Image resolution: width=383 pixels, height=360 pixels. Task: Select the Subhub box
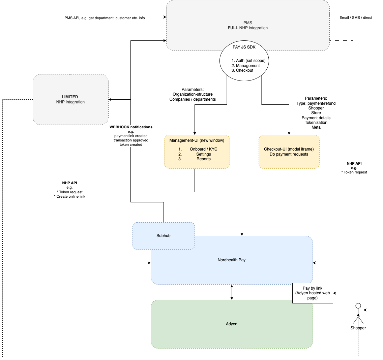pos(164,236)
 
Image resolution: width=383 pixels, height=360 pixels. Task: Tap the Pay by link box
pos(313,293)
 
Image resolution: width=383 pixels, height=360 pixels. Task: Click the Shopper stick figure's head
pos(358,306)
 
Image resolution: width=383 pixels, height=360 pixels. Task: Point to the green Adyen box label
pos(232,324)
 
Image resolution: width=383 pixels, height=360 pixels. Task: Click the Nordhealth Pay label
pos(232,260)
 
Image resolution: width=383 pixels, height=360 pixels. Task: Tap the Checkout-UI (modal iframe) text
pos(289,149)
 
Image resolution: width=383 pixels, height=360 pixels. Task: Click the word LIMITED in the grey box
pos(70,97)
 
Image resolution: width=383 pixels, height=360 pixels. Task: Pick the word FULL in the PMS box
pos(233,28)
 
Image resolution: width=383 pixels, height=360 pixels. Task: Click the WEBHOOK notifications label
pos(131,127)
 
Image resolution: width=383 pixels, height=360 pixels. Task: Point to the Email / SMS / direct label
pos(356,18)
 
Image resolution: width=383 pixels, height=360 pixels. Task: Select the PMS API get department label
pos(105,18)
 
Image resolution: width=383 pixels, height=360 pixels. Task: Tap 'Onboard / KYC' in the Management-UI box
pos(203,149)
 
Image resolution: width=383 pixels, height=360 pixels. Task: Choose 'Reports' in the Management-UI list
pos(203,159)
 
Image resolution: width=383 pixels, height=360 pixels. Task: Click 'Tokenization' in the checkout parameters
pos(316,123)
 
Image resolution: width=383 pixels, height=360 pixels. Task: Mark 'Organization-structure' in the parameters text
pos(193,95)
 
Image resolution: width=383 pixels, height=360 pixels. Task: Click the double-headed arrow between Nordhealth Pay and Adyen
pos(232,292)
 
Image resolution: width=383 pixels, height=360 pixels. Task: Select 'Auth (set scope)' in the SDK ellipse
pos(251,61)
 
